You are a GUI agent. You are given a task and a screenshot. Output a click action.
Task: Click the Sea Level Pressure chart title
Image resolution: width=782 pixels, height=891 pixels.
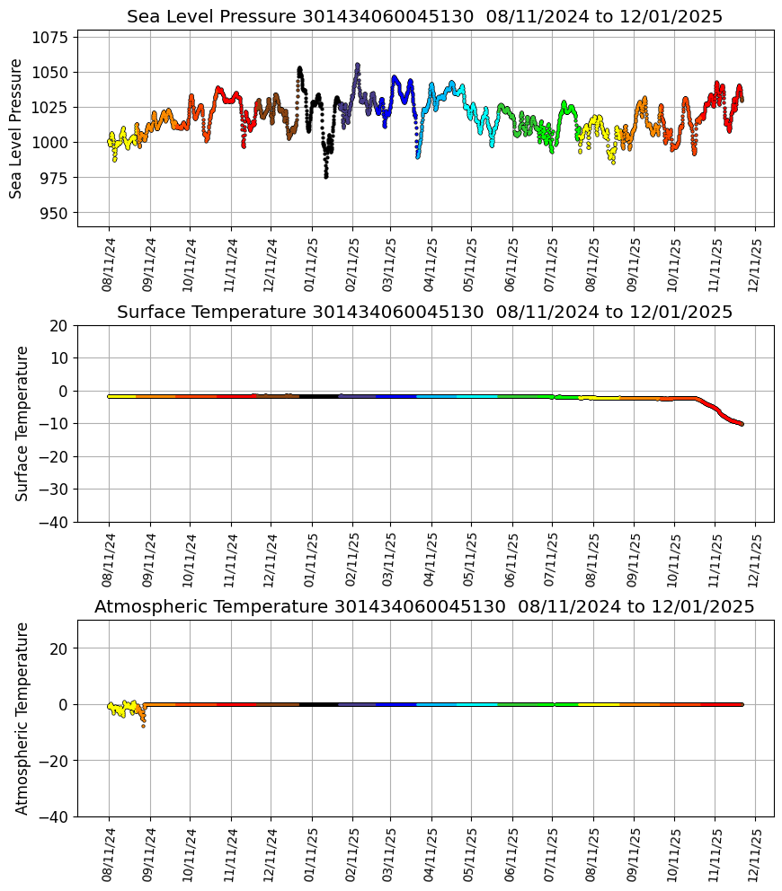[x=424, y=17]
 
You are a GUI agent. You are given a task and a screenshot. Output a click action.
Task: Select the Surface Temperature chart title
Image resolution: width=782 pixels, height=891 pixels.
[x=424, y=312]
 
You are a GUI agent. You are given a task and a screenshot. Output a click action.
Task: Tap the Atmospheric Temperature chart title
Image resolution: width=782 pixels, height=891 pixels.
[x=424, y=606]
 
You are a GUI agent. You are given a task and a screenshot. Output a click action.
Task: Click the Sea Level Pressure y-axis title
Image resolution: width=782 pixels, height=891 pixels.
[x=17, y=128]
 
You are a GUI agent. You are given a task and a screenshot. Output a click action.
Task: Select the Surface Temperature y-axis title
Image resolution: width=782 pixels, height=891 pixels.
[x=22, y=423]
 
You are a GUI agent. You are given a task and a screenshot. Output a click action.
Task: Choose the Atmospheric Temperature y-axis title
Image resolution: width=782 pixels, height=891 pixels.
[x=22, y=718]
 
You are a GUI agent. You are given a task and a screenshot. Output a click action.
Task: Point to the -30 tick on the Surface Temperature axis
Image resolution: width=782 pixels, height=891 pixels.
[x=57, y=489]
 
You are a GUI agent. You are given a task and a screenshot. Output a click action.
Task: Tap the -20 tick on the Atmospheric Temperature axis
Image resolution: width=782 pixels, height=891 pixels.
[x=57, y=761]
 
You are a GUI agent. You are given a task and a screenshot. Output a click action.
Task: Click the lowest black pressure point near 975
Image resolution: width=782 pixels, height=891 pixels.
[x=326, y=177]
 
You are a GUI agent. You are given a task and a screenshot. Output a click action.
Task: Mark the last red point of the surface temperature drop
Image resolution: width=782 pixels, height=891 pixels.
[x=742, y=424]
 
